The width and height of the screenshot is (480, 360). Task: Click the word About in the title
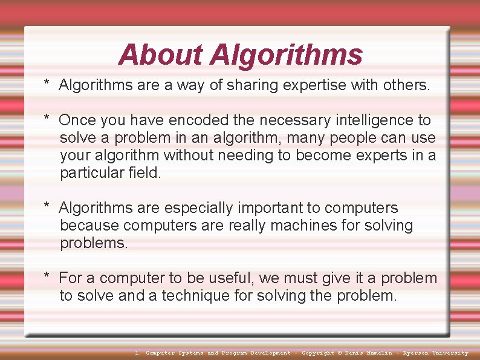tap(161, 54)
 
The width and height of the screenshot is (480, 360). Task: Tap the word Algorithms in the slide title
tap(286, 55)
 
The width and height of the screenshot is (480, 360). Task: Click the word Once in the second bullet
tap(77, 120)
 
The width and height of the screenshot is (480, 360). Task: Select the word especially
tap(198, 208)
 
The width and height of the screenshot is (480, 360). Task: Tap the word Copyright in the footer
tap(317, 353)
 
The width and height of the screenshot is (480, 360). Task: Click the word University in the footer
tap(450, 353)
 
